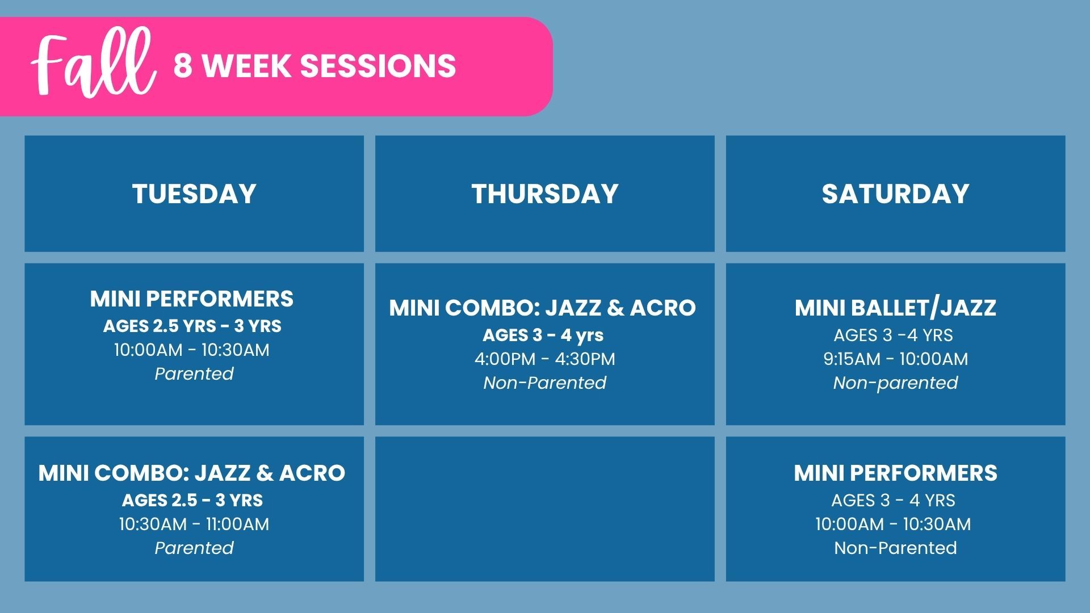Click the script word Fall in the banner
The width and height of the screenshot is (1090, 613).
94,64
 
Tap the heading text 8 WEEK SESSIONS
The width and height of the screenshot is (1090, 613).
315,66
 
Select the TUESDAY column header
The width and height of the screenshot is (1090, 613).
194,194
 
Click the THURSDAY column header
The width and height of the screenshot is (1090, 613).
544,194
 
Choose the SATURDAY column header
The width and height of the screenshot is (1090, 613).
895,194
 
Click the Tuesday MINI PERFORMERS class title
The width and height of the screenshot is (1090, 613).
192,299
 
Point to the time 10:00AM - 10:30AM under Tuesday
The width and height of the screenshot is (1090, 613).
192,350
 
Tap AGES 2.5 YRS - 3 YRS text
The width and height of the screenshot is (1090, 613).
192,326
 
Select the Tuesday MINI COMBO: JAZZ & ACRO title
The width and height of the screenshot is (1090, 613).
192,473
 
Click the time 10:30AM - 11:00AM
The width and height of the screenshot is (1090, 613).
194,524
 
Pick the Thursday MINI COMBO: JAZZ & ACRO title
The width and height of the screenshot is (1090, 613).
542,308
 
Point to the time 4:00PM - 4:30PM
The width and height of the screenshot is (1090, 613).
545,359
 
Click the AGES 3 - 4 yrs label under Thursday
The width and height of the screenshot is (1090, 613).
543,335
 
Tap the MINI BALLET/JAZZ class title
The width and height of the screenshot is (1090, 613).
895,308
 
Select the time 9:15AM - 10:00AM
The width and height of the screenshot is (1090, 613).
896,359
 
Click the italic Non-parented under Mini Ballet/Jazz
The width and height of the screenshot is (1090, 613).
895,383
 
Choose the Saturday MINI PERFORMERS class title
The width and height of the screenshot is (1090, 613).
895,473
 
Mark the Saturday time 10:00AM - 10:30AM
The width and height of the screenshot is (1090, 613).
893,524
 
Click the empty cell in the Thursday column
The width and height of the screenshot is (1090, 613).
544,509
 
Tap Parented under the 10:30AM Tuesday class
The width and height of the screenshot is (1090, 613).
194,548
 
